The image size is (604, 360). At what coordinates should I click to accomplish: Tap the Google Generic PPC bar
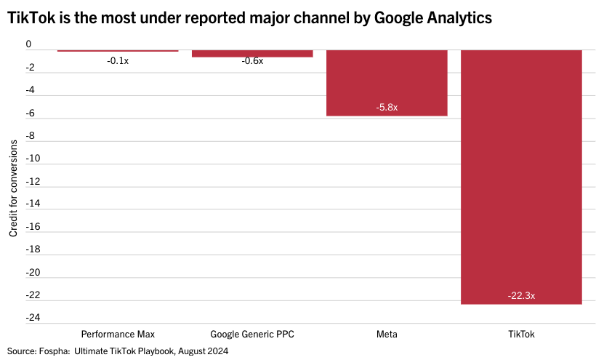(x=252, y=53)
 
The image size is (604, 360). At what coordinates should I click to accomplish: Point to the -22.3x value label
(x=521, y=295)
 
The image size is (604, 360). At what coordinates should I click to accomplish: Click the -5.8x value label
(x=387, y=107)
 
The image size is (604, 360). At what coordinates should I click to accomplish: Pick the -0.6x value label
(x=252, y=61)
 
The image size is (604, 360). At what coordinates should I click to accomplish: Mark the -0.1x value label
(x=118, y=61)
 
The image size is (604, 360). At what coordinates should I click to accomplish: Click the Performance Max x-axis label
(x=118, y=335)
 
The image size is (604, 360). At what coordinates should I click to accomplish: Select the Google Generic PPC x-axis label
(x=252, y=335)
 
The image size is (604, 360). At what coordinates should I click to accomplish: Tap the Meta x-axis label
(x=387, y=335)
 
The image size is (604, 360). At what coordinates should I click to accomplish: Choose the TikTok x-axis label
(x=521, y=335)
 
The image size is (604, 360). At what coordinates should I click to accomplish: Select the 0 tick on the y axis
(x=28, y=44)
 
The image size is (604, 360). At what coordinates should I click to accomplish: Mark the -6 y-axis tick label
(x=30, y=113)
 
